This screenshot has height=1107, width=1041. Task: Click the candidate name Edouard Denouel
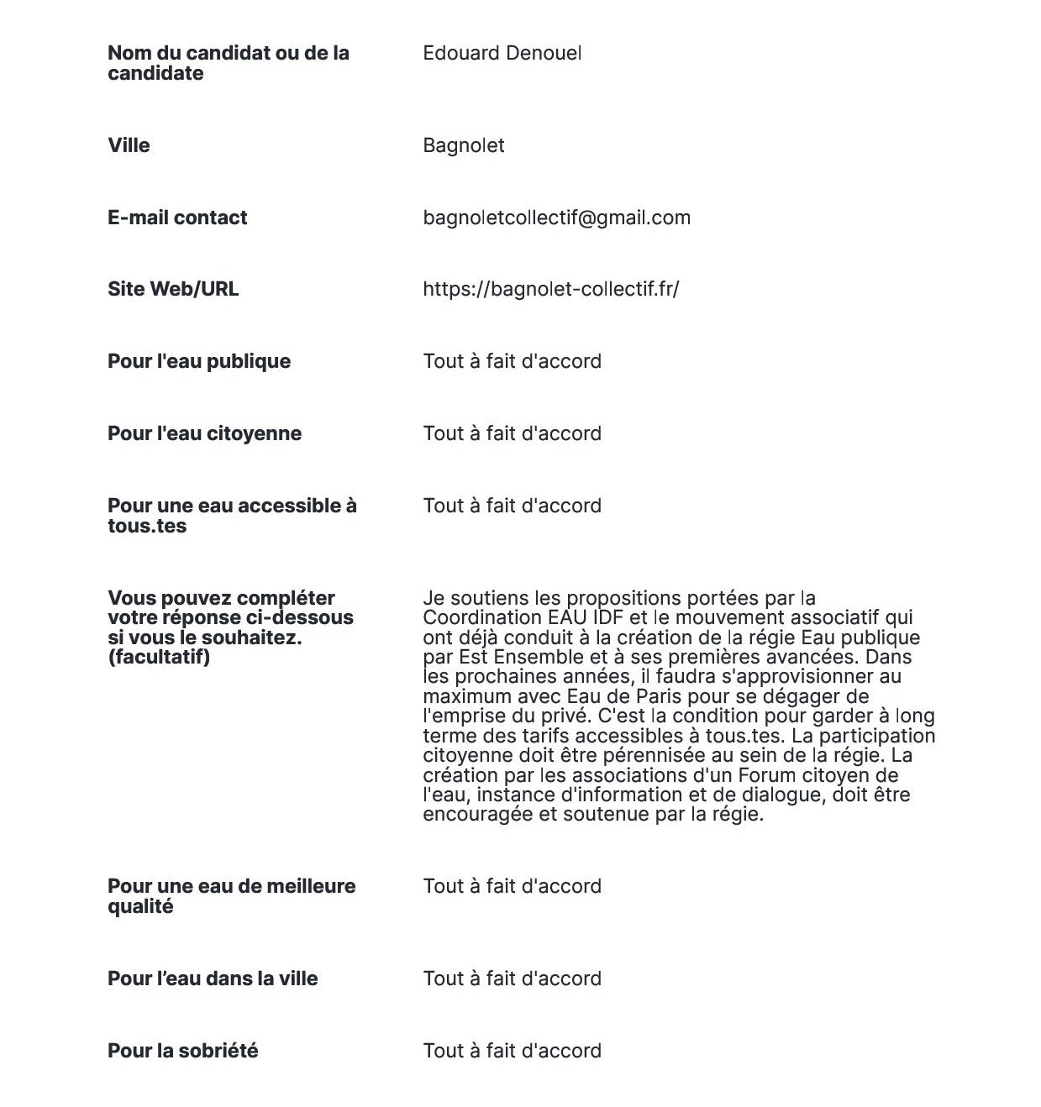(502, 54)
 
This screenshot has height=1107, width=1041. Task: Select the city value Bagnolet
(463, 146)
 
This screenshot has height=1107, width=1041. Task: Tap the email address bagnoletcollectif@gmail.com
(556, 218)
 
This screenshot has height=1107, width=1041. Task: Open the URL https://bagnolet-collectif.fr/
(550, 290)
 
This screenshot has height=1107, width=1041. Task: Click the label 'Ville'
(129, 145)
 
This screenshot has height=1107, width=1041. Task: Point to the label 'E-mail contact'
(177, 218)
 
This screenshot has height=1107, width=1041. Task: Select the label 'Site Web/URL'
(173, 289)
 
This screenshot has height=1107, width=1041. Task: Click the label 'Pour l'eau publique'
(199, 361)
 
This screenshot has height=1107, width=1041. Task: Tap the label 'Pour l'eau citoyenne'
(204, 433)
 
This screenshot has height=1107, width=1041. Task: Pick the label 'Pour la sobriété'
(182, 1051)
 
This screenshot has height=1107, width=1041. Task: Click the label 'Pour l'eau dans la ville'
(213, 978)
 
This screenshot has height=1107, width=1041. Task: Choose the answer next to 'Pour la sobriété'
(512, 1051)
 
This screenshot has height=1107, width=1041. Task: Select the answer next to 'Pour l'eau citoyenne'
(512, 433)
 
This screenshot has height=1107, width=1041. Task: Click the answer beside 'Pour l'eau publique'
(512, 361)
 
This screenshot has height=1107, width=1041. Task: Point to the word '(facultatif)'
(159, 657)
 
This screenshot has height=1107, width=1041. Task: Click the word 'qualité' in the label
(140, 906)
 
